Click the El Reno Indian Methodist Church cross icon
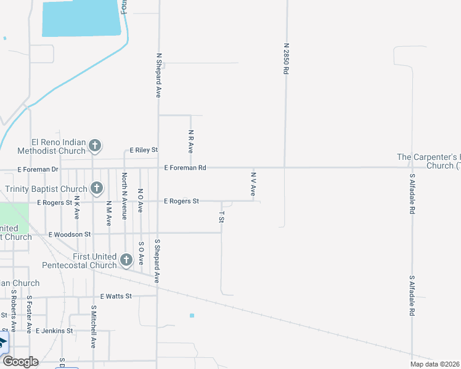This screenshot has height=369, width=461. [x=95, y=146]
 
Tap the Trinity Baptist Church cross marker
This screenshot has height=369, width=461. [x=96, y=188]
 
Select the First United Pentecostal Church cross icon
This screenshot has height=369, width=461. [x=126, y=260]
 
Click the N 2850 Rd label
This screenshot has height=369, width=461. [x=286, y=58]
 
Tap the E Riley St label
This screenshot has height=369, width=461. [x=144, y=150]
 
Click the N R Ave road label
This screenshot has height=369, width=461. [x=191, y=141]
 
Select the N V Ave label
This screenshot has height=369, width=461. [x=253, y=184]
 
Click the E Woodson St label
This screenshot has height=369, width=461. [x=70, y=234]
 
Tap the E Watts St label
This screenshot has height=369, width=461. [x=116, y=296]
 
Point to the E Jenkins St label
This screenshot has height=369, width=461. [x=54, y=330]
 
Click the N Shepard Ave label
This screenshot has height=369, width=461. [x=158, y=75]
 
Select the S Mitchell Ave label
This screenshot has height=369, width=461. [x=94, y=327]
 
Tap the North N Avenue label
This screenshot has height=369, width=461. [x=124, y=196]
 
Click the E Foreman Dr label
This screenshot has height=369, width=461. [x=38, y=169]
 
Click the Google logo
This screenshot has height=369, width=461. [x=20, y=362]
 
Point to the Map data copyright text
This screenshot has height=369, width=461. [x=434, y=364]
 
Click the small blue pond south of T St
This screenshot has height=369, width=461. [x=192, y=315]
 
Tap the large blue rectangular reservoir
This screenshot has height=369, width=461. [x=80, y=18]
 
